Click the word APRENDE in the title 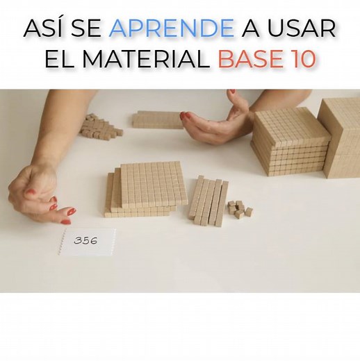(172, 29)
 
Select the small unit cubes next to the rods (238, 208)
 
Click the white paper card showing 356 (87, 242)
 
